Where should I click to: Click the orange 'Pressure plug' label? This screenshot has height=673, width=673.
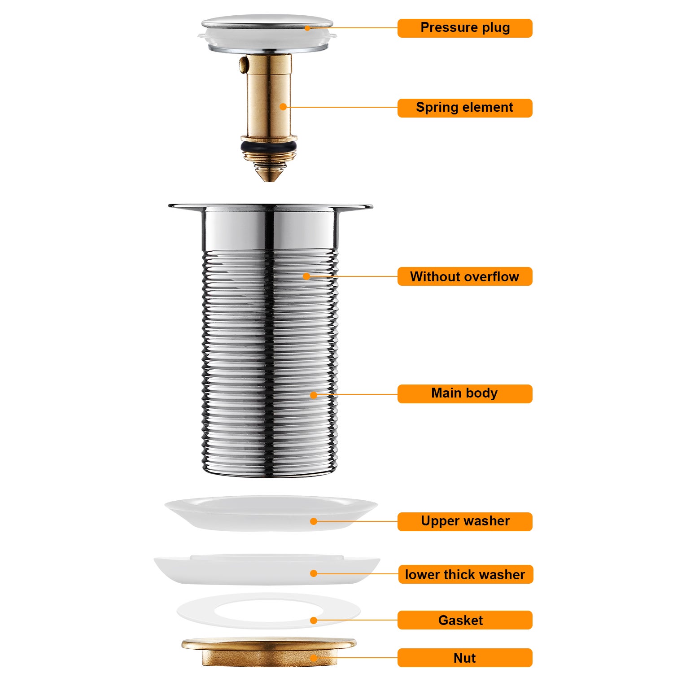[x=465, y=28]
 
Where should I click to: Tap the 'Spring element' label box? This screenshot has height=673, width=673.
[x=465, y=108]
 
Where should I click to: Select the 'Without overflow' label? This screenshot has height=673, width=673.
[x=465, y=276]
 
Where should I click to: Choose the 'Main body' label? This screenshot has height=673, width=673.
[x=465, y=393]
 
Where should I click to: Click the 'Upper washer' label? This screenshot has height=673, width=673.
[x=465, y=521]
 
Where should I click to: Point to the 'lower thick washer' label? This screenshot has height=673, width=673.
[x=465, y=574]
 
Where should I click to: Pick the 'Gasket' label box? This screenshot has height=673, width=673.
[x=465, y=620]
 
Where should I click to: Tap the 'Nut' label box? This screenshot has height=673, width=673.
[x=465, y=658]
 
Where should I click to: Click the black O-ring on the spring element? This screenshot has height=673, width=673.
[x=268, y=147]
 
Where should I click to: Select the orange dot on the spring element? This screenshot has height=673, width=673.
[x=283, y=107]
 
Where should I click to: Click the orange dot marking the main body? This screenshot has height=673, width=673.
[x=314, y=395]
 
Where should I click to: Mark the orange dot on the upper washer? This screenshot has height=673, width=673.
[x=314, y=521]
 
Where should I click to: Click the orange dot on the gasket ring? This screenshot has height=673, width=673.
[x=314, y=621]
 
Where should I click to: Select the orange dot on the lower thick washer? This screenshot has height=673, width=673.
[x=314, y=573]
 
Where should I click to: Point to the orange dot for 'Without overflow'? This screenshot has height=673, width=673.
[x=306, y=276]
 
